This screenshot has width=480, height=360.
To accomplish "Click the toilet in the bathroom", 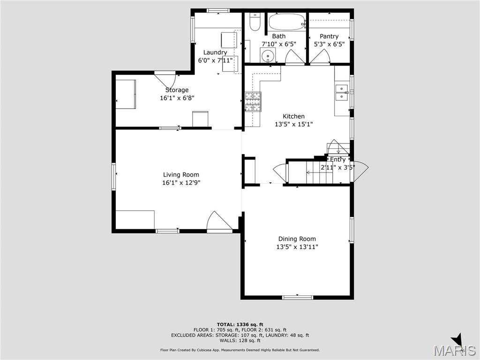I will [254, 22].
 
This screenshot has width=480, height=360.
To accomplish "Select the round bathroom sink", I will [268, 55].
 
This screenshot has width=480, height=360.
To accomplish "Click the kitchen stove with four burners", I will [253, 102].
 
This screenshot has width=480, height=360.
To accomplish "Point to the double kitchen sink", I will [342, 93].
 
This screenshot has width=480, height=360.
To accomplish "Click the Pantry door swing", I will [320, 57].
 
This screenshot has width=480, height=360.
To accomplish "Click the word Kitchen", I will [293, 116].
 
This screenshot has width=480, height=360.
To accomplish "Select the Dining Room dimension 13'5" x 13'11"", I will [297, 247].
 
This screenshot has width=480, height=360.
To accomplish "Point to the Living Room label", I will [178, 175].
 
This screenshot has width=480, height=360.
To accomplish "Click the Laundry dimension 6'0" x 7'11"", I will [215, 60].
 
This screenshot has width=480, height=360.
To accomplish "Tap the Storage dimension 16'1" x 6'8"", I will [177, 98].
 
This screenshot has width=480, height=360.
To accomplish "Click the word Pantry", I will [329, 36].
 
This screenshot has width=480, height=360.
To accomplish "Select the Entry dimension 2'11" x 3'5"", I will [337, 167].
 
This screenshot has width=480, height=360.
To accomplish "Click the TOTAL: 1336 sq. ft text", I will [240, 324].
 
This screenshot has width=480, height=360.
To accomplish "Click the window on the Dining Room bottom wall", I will [298, 297].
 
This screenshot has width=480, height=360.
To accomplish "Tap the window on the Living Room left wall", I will [113, 177].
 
